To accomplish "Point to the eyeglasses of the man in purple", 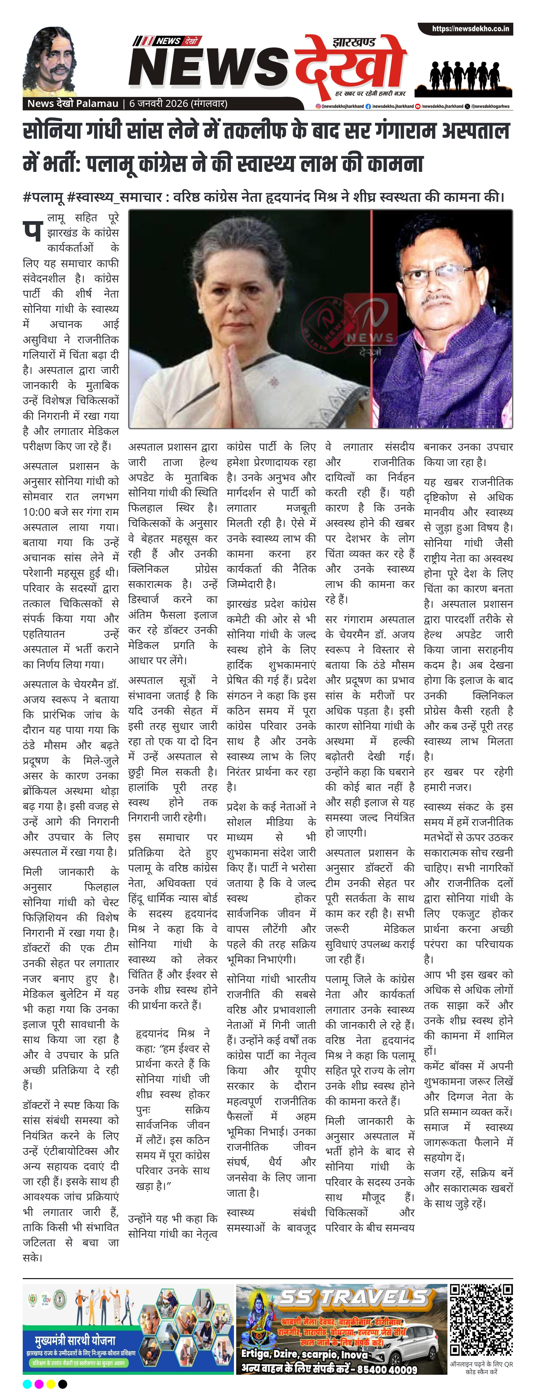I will point(431,278).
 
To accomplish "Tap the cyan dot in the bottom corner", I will point(27,1384).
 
